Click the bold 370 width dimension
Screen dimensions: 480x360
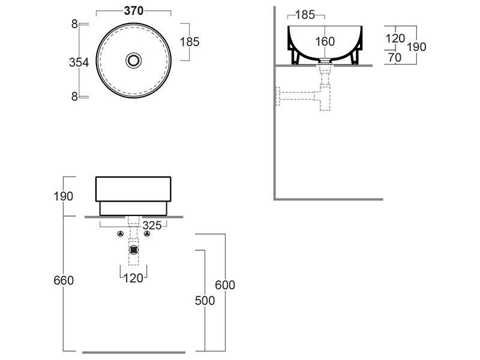134,11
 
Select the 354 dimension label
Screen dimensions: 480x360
79,62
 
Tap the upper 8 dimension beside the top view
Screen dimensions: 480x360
74,24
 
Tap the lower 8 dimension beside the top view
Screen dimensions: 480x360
74,97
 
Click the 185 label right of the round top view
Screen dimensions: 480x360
190,42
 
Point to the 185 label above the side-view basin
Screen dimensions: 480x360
305,14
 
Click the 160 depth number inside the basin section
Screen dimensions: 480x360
325,41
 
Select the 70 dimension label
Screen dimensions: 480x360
394,57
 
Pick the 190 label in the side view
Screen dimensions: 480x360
416,47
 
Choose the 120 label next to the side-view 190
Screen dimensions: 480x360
395,38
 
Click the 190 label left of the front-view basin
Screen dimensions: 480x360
64,196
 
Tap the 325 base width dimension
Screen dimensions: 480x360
152,226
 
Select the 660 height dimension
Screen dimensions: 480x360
64,280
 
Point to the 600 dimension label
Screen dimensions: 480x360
225,285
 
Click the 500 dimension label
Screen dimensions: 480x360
205,301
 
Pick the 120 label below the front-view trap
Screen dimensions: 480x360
133,278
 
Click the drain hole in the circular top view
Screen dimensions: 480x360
133,61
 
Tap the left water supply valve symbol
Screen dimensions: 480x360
121,234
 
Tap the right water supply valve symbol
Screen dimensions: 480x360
147,234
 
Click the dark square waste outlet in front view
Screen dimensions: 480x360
133,250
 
